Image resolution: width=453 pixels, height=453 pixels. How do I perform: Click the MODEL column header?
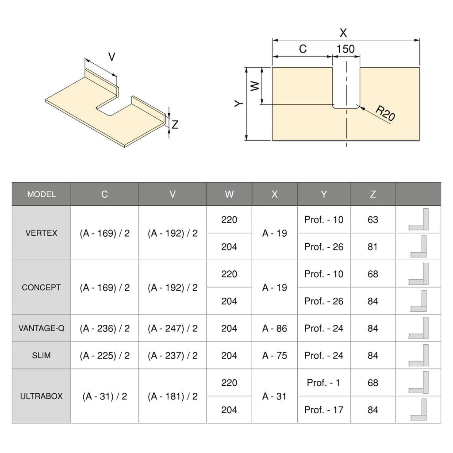[41, 194]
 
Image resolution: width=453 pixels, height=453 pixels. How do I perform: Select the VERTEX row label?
[41, 233]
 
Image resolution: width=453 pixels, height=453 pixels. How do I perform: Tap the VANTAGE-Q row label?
[41, 328]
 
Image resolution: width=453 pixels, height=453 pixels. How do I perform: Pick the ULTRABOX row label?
[41, 396]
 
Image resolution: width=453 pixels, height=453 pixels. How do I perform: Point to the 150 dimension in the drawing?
[346, 49]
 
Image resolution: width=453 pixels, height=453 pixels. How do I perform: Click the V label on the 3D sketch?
[112, 57]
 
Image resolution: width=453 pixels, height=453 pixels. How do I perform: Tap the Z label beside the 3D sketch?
[175, 125]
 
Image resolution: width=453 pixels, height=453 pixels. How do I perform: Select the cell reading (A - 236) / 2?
[105, 328]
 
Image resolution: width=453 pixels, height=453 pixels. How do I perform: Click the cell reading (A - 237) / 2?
[173, 355]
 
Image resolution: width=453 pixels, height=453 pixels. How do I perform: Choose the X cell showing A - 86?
[274, 328]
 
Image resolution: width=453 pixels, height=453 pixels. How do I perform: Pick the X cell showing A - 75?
[274, 355]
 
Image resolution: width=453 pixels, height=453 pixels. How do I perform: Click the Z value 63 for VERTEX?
[373, 219]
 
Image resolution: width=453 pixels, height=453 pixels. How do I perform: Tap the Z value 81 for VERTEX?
[373, 246]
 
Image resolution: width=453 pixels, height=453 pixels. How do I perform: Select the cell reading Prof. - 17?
[324, 410]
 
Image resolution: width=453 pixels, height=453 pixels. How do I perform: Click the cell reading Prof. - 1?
[324, 383]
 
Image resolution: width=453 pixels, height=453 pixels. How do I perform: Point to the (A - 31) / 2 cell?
[105, 396]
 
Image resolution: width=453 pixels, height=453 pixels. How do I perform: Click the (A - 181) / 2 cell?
[173, 396]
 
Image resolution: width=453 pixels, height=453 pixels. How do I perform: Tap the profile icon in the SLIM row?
[418, 355]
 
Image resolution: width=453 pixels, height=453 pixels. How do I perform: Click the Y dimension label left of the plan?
[238, 104]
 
